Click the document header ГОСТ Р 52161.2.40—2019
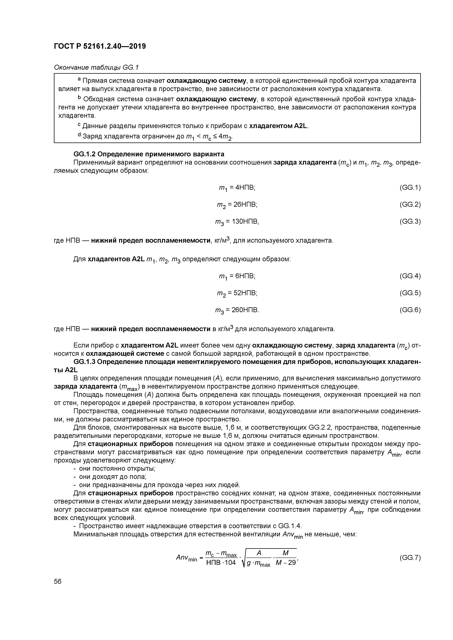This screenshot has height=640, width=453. click(100, 46)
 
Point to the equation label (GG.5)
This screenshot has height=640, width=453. click(410, 293)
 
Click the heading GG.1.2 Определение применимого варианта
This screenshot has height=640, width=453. click(149, 154)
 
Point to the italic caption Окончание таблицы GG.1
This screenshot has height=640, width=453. click(96, 68)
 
